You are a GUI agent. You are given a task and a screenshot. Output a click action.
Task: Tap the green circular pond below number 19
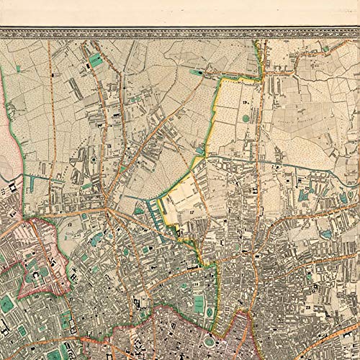[246, 118]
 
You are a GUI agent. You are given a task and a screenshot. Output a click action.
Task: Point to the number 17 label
[192, 213]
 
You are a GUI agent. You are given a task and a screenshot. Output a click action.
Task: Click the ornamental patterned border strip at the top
[180, 32]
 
